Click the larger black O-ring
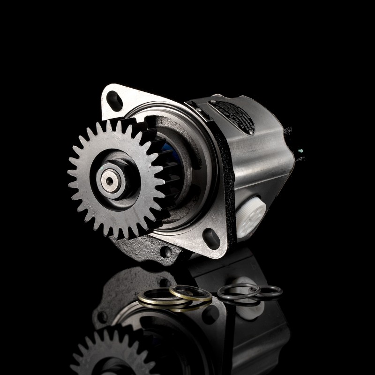238,291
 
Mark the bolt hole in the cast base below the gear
165,252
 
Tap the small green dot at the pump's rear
299,151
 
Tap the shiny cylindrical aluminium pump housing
262,169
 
